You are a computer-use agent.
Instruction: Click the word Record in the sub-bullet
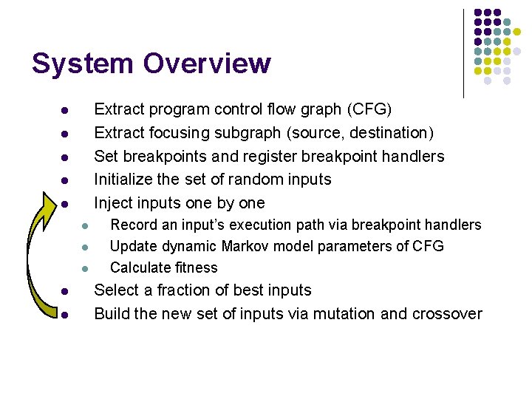pos(133,225)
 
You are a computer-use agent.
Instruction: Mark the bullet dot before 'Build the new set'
pos(65,316)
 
